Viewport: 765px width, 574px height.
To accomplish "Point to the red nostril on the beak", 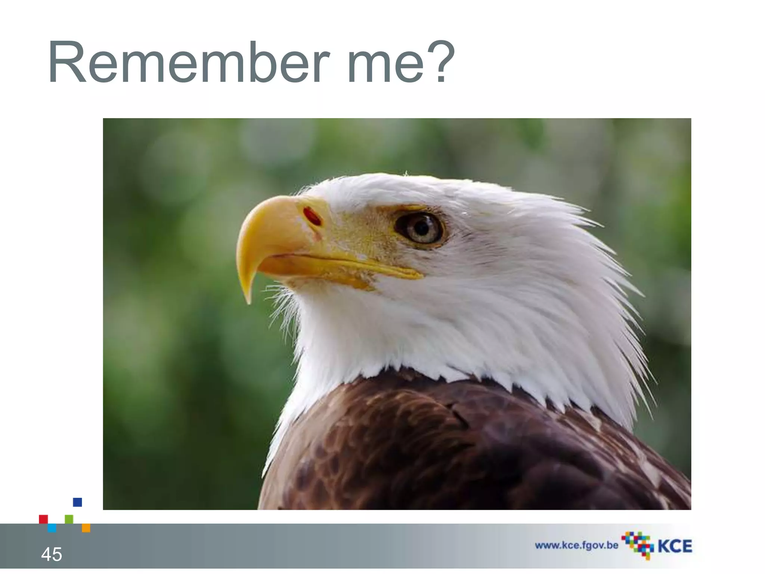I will point(312,216).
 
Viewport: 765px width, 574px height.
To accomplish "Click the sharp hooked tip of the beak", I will point(248,299).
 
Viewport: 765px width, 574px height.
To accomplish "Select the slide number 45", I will point(52,554).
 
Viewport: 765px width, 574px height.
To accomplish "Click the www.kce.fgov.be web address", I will point(576,546).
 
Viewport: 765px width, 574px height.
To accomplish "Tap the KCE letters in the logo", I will point(675,546).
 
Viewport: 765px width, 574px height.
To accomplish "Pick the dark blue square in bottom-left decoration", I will point(77,502).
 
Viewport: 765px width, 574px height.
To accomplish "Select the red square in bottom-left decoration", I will point(43,519).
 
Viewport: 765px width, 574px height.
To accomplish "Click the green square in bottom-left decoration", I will point(69,519).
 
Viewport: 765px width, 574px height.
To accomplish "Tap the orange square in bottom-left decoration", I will point(86,528).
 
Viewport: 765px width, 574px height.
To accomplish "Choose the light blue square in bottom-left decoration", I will point(52,528).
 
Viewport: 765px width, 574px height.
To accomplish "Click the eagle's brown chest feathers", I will point(430,448).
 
